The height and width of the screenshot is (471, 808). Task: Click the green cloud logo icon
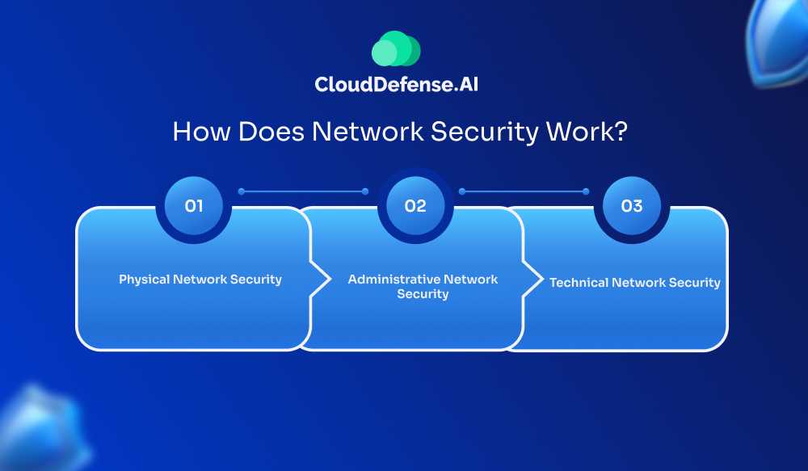click(396, 48)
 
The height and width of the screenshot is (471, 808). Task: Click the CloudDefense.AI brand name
click(396, 83)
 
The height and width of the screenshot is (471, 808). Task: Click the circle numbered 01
click(194, 206)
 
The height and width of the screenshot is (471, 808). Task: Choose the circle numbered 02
click(415, 206)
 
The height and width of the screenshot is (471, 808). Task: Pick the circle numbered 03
click(631, 206)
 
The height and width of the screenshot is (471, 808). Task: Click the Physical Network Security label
click(200, 280)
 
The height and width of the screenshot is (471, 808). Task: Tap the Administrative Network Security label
click(423, 287)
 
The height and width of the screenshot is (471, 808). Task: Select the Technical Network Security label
click(635, 283)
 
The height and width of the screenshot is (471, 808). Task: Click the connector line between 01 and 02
click(302, 191)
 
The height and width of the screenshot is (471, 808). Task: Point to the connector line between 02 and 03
click(524, 191)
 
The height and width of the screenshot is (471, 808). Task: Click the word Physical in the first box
click(144, 280)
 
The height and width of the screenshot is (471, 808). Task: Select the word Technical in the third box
click(579, 283)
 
